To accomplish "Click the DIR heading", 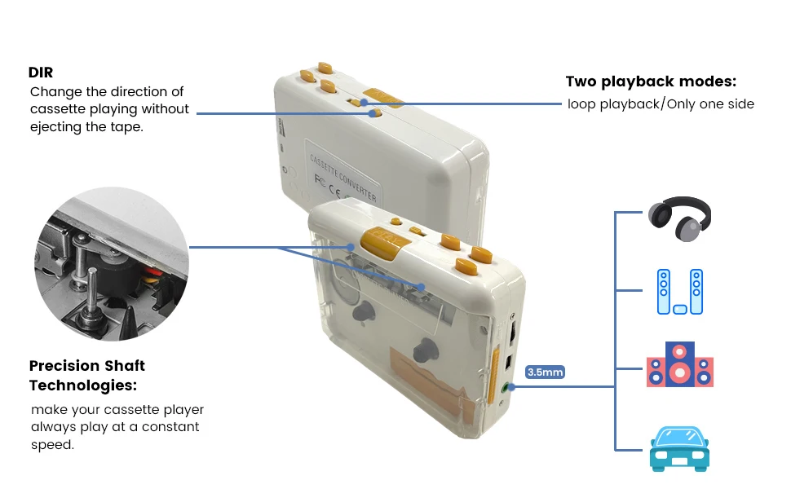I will (x=41, y=73).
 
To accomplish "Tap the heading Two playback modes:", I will (x=651, y=82).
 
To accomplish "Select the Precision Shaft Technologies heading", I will (x=86, y=375).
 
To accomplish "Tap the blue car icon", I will (x=678, y=448).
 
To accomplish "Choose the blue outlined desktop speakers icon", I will (x=678, y=292).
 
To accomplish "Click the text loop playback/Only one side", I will (x=661, y=104).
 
